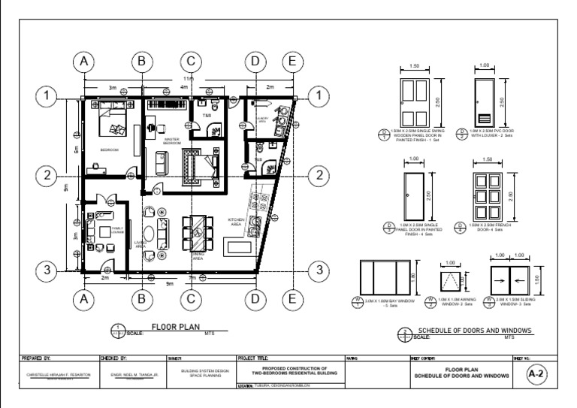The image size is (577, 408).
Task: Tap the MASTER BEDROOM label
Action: (x=173, y=140)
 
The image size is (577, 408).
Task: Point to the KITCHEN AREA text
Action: (x=237, y=222)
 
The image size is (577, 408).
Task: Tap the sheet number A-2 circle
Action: (x=536, y=372)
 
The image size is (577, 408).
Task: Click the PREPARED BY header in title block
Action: (x=35, y=358)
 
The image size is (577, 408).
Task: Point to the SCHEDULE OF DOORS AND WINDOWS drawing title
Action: (x=475, y=330)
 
